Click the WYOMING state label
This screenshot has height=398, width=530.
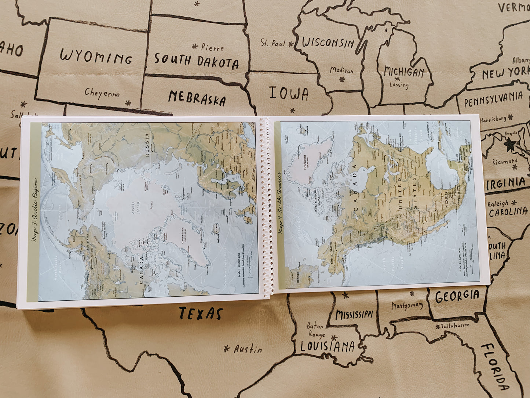pos(96,57)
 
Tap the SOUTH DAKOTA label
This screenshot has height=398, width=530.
pos(196,61)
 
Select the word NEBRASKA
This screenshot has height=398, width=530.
pos(197,98)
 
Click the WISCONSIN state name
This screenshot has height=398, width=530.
pos(328,43)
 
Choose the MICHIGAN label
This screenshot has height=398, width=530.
pos(404,72)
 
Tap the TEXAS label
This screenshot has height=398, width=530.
pos(201,314)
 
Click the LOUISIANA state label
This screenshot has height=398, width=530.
pos(328,347)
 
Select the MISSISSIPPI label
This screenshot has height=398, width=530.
pos(354,315)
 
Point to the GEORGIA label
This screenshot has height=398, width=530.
pos(457,296)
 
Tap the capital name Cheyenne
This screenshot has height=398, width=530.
pos(102,93)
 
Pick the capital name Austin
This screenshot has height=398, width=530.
pos(248,349)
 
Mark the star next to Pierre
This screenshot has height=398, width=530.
pos(195,47)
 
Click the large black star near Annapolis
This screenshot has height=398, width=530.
pos(510,145)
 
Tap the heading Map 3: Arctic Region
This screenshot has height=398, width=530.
pos(34,210)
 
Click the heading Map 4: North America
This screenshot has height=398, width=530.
pos(282,202)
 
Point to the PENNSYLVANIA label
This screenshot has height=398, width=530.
pos(493,99)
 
